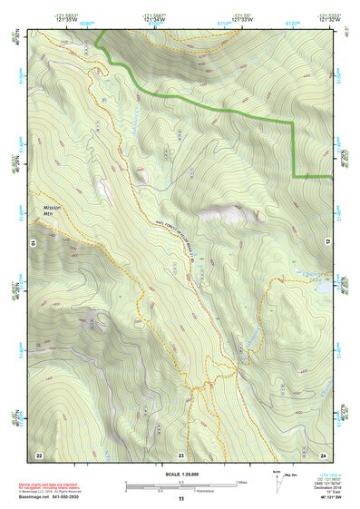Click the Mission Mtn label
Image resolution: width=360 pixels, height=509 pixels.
pyautogui.click(x=51, y=210)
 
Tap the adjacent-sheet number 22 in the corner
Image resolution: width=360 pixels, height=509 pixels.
pyautogui.click(x=38, y=455)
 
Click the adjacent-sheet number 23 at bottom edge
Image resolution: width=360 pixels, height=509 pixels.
pyautogui.click(x=181, y=455)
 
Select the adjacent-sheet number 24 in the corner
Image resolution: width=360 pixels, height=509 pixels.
pyautogui.click(x=324, y=455)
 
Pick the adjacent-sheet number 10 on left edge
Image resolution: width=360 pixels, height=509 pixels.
pyautogui.click(x=34, y=242)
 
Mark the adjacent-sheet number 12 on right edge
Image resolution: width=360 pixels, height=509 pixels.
pyautogui.click(x=327, y=242)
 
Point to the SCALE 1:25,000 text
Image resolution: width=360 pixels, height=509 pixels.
pyautogui.click(x=180, y=475)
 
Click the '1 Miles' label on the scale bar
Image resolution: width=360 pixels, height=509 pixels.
pyautogui.click(x=241, y=482)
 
